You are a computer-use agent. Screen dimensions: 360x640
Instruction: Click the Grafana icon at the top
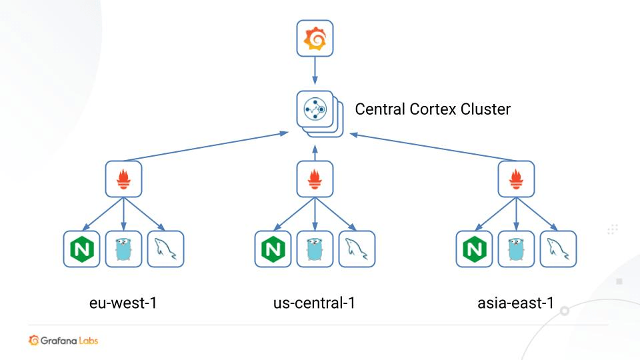315,39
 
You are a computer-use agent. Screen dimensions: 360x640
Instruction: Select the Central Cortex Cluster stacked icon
316,111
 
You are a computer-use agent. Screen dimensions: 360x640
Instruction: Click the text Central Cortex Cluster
433,109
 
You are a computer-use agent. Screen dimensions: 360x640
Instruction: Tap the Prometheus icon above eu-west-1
123,179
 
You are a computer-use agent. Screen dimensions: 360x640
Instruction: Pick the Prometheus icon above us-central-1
315,179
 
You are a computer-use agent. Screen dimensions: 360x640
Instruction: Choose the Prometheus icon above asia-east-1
516,179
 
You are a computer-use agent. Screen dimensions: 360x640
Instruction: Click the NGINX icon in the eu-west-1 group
81,249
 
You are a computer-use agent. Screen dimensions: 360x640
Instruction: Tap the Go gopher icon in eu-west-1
123,249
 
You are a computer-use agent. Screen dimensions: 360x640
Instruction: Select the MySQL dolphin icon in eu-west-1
165,249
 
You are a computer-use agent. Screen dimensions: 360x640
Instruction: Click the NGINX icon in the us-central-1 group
273,249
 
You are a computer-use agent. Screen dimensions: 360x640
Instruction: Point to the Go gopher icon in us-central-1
315,249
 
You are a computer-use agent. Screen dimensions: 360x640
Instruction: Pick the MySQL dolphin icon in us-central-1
357,249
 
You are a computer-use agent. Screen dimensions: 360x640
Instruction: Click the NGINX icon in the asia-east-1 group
474,249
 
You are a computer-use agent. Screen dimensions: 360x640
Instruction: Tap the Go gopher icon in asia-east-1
516,249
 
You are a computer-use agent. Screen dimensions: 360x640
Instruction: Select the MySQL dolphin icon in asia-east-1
558,249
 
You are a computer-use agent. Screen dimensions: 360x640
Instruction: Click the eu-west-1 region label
123,303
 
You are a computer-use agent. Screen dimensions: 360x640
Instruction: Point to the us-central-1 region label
314,303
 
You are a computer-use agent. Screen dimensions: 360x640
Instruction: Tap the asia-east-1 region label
516,303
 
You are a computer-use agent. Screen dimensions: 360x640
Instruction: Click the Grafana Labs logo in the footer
64,341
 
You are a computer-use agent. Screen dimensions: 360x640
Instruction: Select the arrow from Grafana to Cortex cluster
315,71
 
